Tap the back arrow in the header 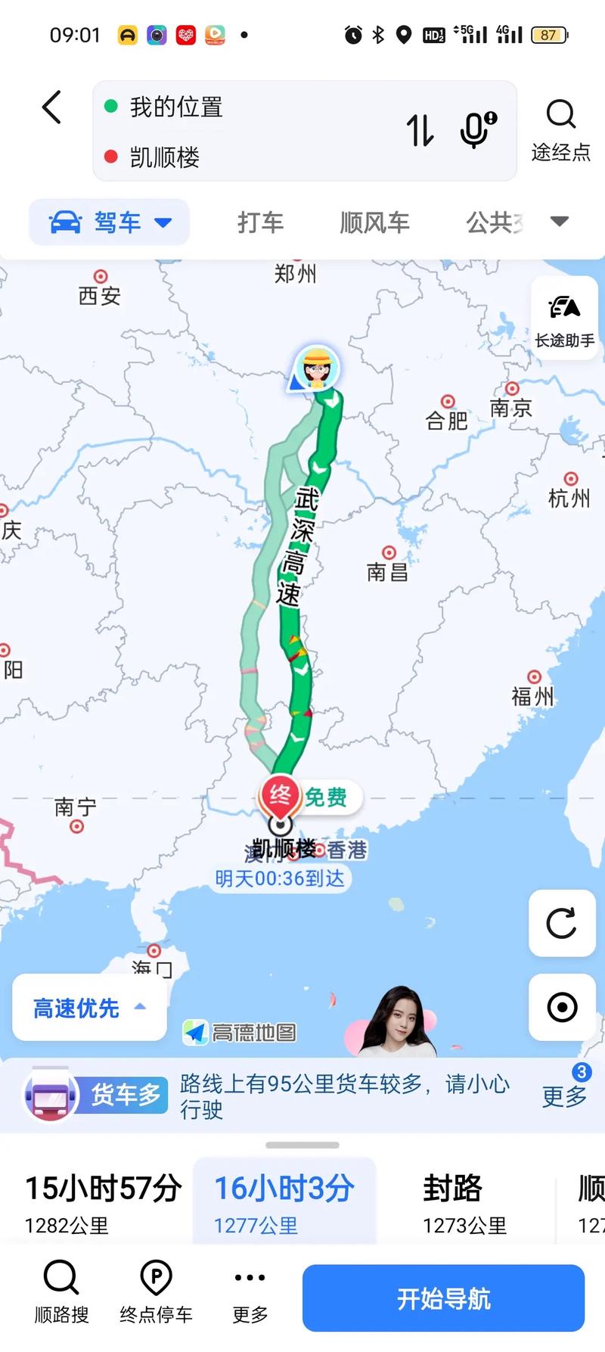point(51,107)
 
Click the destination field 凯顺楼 point(165,157)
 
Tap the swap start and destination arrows point(420,130)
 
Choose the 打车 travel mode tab point(260,222)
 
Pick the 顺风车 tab point(374,222)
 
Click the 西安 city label point(100,295)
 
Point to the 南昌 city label point(387,571)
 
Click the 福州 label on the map point(533,695)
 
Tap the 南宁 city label point(76,807)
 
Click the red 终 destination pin point(279,797)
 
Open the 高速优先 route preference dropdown point(89,1008)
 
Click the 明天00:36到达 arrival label point(280,878)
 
